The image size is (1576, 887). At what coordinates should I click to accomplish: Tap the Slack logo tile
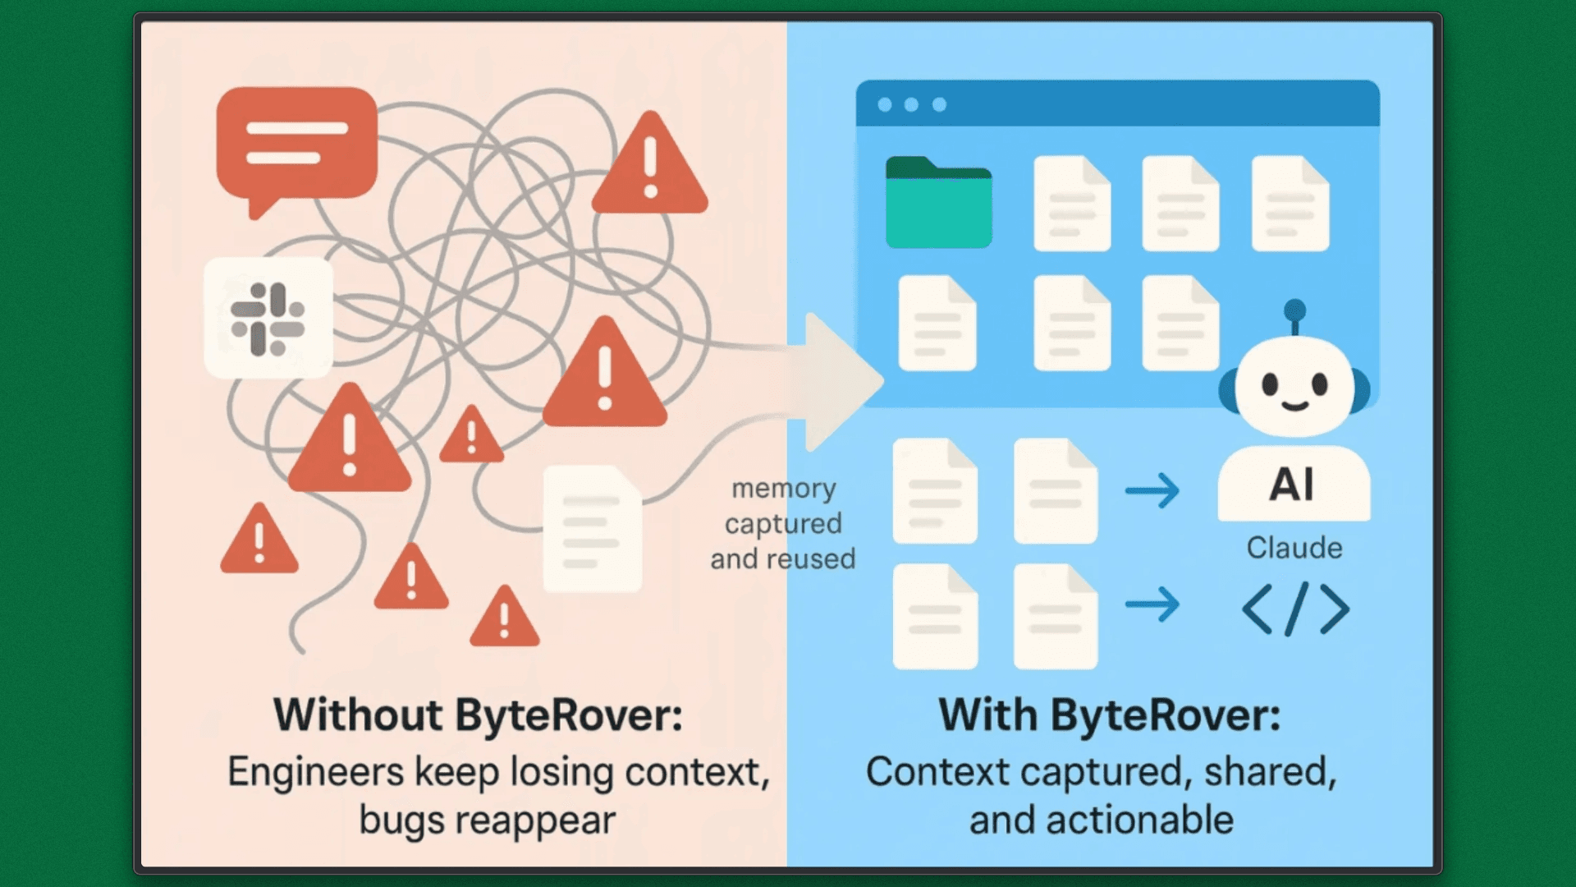point(268,319)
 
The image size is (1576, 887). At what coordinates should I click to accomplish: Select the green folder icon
point(938,203)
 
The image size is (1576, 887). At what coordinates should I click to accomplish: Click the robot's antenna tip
point(1294,310)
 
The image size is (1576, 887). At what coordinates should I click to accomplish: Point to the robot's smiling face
point(1294,386)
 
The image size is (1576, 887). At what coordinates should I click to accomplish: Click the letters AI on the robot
point(1292,485)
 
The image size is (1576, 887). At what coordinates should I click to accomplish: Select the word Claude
point(1294,548)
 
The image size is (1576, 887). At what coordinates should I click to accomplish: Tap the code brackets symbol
point(1295,609)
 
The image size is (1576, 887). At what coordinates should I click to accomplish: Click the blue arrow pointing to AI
point(1152,490)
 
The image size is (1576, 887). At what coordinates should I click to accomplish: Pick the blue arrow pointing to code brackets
point(1152,604)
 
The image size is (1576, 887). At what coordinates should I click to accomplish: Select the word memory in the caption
point(783,488)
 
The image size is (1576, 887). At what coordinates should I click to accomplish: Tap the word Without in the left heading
point(357,715)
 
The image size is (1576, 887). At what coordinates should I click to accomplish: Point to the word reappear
point(534,820)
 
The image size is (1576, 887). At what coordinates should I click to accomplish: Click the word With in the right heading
point(987,715)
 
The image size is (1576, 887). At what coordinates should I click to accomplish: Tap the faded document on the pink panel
point(592,528)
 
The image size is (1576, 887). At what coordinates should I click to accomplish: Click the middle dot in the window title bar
point(911,104)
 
